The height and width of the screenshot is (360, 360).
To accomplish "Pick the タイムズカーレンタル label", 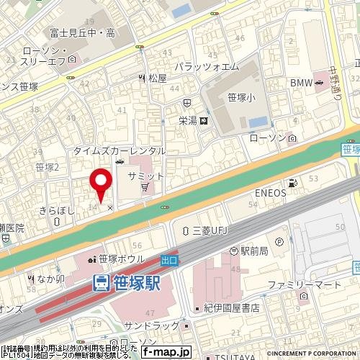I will click(x=120, y=150).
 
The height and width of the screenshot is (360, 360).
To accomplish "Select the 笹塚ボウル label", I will click(x=117, y=259).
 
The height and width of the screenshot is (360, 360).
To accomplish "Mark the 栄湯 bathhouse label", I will click(x=189, y=121).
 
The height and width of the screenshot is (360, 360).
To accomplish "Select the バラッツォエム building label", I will click(x=210, y=67).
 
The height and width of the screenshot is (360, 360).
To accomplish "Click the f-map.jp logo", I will click(x=166, y=352).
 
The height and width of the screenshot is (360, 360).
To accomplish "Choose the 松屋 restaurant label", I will click(x=157, y=78).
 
